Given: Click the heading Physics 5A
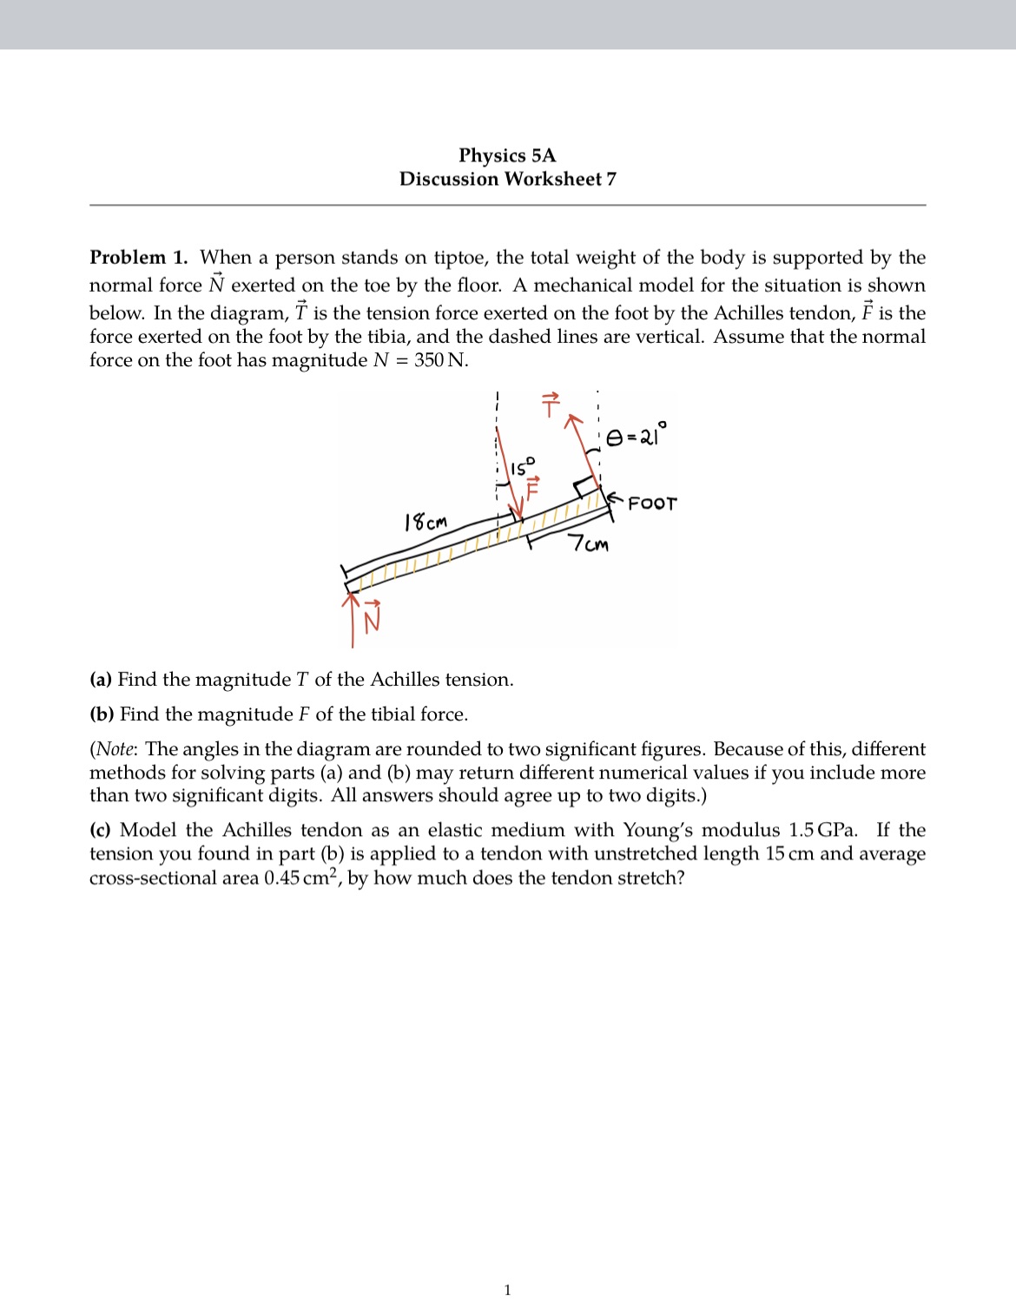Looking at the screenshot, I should pyautogui.click(x=507, y=155).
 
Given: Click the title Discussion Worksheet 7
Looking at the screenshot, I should pyautogui.click(x=507, y=179).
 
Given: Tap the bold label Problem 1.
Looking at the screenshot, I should pyautogui.click(x=139, y=258).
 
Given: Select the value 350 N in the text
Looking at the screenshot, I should pyautogui.click(x=440, y=360).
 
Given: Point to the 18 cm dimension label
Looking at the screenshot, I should pyautogui.click(x=426, y=523).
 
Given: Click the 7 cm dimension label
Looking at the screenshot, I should pyautogui.click(x=589, y=545).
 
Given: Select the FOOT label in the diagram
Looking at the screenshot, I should pyautogui.click(x=652, y=503).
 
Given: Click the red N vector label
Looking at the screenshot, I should pyautogui.click(x=373, y=619).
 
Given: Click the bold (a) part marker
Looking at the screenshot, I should pyautogui.click(x=101, y=680).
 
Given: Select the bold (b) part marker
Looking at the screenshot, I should pyautogui.click(x=102, y=714).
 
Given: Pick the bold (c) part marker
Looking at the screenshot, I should pyautogui.click(x=101, y=831).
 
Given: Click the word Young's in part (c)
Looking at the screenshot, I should pyautogui.click(x=657, y=831).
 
